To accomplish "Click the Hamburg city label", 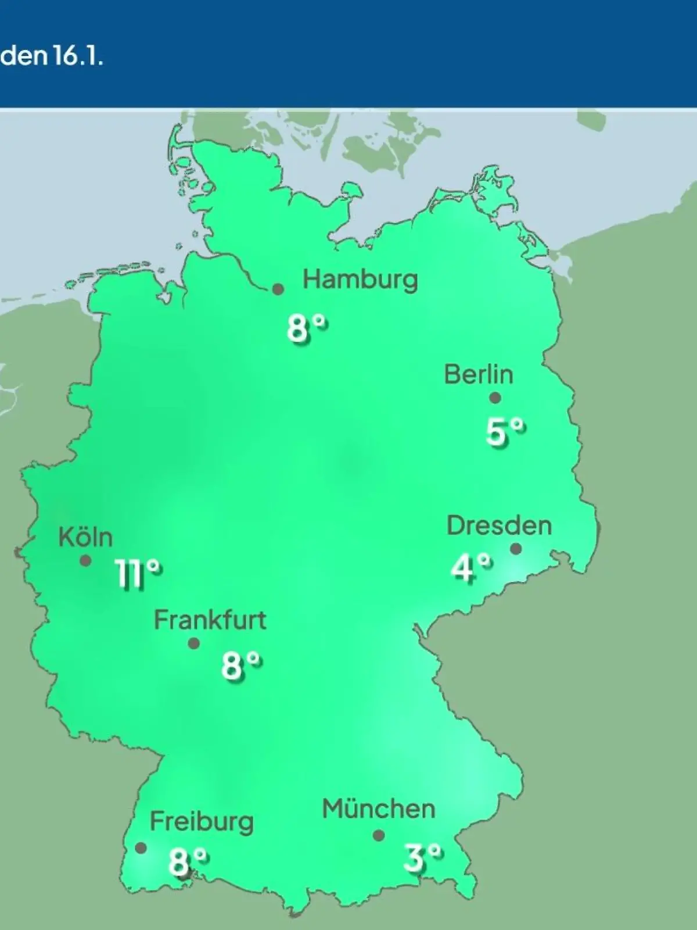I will [360, 280].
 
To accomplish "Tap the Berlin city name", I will [479, 374].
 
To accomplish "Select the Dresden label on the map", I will [499, 525].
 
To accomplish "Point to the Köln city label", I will [85, 538].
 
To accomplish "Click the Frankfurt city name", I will [210, 620].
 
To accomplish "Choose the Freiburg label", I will [202, 822].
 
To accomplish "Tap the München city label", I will [379, 809].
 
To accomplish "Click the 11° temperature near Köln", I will [138, 574].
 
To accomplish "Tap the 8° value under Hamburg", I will [307, 328].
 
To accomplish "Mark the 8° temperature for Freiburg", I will [188, 861].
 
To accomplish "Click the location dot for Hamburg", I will [278, 289].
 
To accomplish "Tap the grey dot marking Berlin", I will [495, 398].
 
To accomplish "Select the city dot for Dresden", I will [515, 549].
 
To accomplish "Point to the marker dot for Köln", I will [85, 561].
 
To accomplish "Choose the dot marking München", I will [379, 836].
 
